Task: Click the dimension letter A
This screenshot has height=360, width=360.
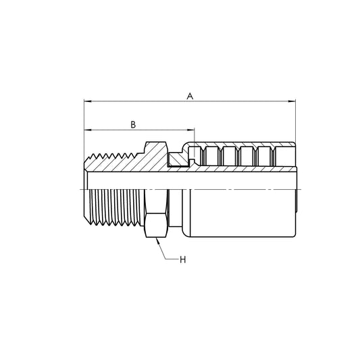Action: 190,97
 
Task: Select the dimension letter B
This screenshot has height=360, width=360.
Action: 133,124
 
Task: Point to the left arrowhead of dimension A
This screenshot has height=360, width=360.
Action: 87,103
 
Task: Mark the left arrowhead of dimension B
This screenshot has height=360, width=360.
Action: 87,130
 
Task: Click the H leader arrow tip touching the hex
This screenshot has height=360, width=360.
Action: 157,241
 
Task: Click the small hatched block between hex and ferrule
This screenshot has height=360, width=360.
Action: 178,159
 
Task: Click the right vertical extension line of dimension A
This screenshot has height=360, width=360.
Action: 296,128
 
